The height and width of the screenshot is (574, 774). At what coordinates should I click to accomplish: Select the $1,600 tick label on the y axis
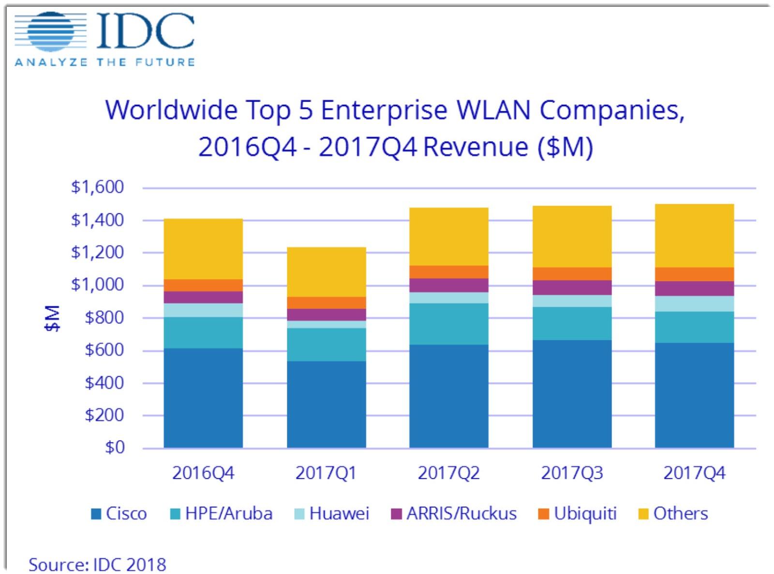pyautogui.click(x=97, y=187)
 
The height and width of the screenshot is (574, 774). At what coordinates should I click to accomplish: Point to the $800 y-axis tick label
pyautogui.click(x=104, y=318)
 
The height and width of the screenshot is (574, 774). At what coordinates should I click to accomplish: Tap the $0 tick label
pyautogui.click(x=114, y=447)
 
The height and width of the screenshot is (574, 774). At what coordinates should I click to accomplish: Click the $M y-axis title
pyautogui.click(x=52, y=318)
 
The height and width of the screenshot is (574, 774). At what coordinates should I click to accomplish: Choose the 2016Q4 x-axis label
pyautogui.click(x=203, y=473)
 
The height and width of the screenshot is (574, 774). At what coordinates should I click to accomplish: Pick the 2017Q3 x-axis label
pyautogui.click(x=572, y=473)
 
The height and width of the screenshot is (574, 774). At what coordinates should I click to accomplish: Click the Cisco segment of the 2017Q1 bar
pyautogui.click(x=327, y=404)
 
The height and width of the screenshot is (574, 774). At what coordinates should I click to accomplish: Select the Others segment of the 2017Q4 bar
pyautogui.click(x=694, y=235)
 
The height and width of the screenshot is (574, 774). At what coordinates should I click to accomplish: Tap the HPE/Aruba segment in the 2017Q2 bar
pyautogui.click(x=448, y=324)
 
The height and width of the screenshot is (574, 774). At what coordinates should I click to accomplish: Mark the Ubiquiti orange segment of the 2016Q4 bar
pyautogui.click(x=203, y=285)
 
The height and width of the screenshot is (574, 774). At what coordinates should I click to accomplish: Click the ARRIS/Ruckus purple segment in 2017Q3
pyautogui.click(x=572, y=288)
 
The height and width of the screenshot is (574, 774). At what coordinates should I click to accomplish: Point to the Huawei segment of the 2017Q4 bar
pyautogui.click(x=694, y=304)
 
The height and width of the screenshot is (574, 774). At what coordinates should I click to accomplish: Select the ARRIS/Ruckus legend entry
pyautogui.click(x=454, y=514)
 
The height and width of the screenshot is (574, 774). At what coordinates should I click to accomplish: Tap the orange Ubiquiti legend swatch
pyautogui.click(x=544, y=514)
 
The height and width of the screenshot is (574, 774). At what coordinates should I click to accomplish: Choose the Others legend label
pyautogui.click(x=680, y=514)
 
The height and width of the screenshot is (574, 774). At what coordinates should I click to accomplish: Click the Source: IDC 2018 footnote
pyautogui.click(x=97, y=564)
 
